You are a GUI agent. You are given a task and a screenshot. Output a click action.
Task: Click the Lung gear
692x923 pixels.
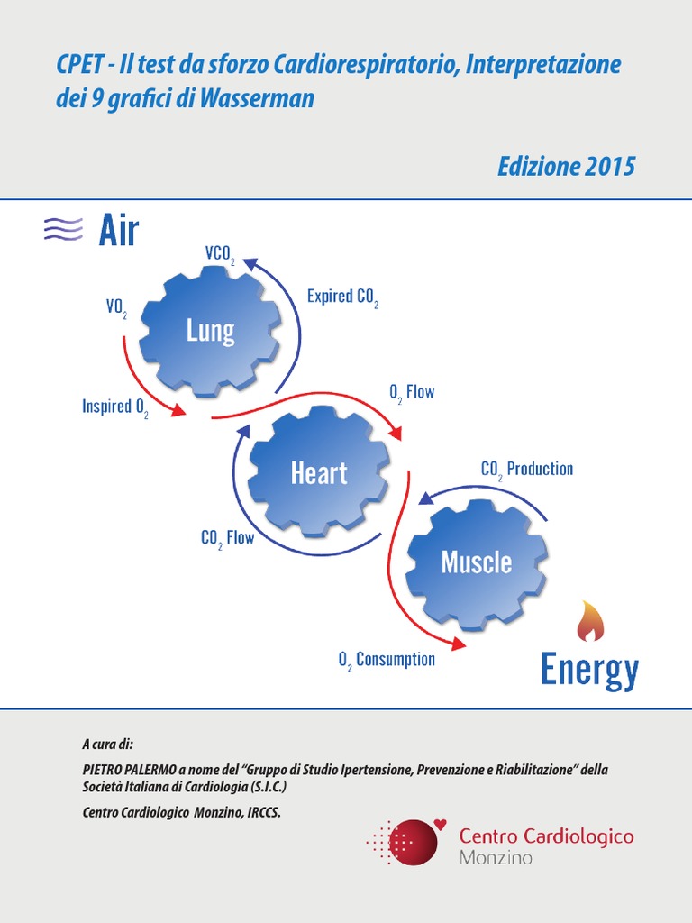[210, 331]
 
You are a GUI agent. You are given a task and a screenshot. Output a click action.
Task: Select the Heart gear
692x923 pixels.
[318, 472]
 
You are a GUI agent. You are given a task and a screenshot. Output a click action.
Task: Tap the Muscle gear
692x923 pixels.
[476, 562]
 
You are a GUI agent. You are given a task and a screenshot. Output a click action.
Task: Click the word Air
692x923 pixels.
[118, 231]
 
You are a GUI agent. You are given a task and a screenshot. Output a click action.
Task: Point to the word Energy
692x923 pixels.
[589, 670]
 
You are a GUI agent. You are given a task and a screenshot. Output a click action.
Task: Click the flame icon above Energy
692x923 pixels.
[590, 621]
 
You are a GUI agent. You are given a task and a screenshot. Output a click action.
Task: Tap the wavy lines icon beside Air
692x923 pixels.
[63, 229]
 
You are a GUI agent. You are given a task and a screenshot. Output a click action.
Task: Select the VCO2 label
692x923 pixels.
[220, 254]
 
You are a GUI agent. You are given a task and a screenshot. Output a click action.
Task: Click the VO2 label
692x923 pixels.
[116, 307]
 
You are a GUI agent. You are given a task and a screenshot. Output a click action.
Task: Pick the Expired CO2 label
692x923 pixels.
[342, 297]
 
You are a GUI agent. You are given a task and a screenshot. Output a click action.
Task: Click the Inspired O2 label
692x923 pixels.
[115, 407]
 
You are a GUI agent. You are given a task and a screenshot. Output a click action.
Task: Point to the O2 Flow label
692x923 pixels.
[412, 392]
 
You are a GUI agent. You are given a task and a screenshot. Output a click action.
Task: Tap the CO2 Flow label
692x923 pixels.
[227, 539]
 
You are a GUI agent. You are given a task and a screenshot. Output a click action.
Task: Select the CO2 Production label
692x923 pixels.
[526, 469]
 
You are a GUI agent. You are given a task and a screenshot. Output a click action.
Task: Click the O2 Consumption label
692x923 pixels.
[387, 660]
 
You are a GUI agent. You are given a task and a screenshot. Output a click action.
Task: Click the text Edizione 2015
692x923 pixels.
[566, 167]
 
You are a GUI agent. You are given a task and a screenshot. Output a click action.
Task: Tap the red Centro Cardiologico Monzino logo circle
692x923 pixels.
[411, 841]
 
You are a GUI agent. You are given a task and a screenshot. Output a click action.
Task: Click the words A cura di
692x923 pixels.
[107, 745]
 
